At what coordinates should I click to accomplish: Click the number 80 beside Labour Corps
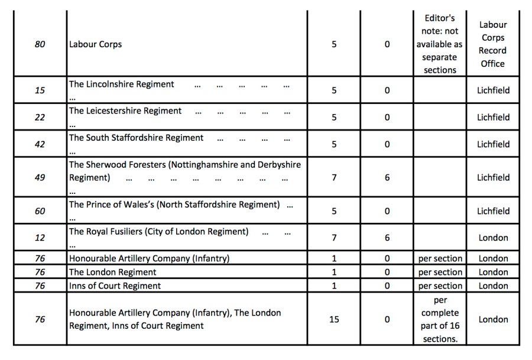(40, 44)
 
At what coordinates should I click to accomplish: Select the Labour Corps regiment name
(95, 44)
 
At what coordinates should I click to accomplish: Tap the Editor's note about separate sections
(440, 44)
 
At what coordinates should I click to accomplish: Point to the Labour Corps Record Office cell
(492, 44)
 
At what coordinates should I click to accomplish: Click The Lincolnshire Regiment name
(122, 85)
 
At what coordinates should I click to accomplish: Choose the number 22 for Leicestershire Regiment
(40, 117)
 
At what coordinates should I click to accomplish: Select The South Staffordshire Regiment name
(136, 138)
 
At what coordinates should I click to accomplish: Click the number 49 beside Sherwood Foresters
(40, 177)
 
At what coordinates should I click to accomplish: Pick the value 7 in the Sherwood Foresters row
(334, 177)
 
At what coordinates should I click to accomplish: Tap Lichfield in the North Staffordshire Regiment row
(493, 211)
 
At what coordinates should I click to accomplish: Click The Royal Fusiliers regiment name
(158, 232)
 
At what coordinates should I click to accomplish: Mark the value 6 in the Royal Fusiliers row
(387, 238)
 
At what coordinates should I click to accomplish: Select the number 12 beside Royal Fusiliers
(40, 238)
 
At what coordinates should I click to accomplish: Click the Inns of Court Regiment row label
(115, 286)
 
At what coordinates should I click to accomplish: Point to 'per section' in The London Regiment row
(440, 273)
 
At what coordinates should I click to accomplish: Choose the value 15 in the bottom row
(334, 319)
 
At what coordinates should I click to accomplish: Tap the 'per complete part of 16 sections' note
(440, 319)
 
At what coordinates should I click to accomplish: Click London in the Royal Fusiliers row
(493, 238)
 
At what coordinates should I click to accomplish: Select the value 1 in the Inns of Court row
(334, 286)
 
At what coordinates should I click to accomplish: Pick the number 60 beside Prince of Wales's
(40, 211)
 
